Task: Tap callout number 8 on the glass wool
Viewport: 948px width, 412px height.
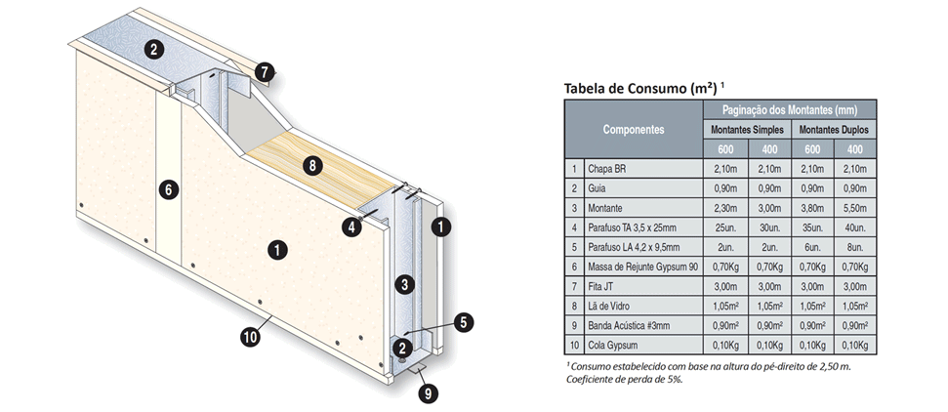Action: click(311, 165)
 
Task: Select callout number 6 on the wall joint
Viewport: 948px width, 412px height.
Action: click(168, 189)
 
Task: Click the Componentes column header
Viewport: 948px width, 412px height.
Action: click(633, 129)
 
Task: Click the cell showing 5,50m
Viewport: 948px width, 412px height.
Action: click(855, 208)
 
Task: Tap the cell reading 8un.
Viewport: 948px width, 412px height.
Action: click(855, 247)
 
